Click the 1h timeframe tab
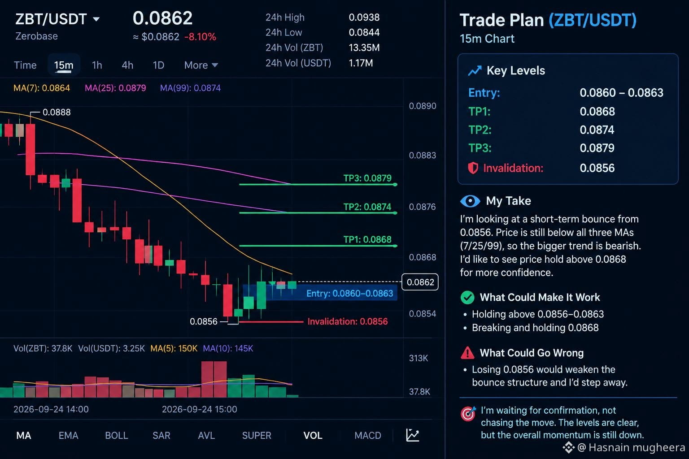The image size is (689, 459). coord(97,65)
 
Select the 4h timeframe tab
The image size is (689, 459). coord(127,65)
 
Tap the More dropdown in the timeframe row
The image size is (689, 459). coord(201,65)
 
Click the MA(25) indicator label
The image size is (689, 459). coord(115,88)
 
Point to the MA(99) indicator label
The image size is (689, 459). coord(190,88)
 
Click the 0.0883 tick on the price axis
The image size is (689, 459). coord(422,155)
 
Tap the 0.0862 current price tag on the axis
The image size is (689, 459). coord(420,282)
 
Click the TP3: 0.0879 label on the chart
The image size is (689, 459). coord(367,178)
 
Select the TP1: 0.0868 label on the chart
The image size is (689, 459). coord(367,239)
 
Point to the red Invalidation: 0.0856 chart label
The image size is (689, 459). coord(348,321)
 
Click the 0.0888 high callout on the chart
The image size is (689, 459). coord(57,112)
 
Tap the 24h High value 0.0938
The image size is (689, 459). coord(364,17)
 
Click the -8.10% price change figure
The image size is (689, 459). coord(200,37)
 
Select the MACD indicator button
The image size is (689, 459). coord(368,435)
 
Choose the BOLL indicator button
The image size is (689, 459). coord(117,435)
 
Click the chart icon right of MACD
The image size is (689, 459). coord(413,435)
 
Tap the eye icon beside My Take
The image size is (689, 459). coord(470,201)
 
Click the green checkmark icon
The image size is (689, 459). coord(467,297)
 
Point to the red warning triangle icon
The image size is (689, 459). coord(467,353)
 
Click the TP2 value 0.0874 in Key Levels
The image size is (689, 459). coord(597,130)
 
